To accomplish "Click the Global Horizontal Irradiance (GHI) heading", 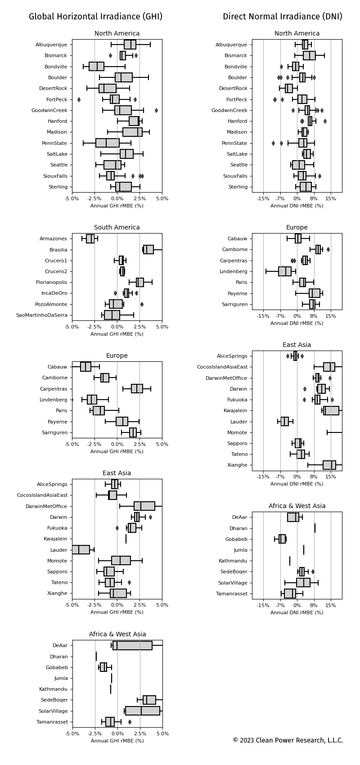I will tap(95, 17).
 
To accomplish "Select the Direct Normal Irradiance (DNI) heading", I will tap(282, 17).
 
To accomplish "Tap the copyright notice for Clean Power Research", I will tap(288, 740).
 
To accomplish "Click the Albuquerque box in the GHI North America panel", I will tap(130, 45).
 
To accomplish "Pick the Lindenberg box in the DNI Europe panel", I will tap(285, 271).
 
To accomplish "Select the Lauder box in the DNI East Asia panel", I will tap(285, 422).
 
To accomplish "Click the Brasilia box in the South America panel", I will tap(148, 250).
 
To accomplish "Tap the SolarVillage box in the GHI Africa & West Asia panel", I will tap(142, 711).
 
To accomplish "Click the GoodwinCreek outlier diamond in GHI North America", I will tap(156, 110).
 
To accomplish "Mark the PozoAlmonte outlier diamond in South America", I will tap(142, 304).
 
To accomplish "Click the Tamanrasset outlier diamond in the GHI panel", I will tap(130, 722).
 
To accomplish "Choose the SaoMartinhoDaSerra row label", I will tap(41, 315).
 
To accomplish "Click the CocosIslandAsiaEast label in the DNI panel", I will tap(222, 367).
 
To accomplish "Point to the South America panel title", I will tap(117, 228).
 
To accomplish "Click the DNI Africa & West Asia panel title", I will tap(297, 506).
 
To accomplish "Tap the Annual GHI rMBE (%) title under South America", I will tap(117, 334).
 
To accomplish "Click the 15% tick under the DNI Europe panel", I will tap(331, 315).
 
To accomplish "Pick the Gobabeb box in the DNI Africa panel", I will tap(282, 539).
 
